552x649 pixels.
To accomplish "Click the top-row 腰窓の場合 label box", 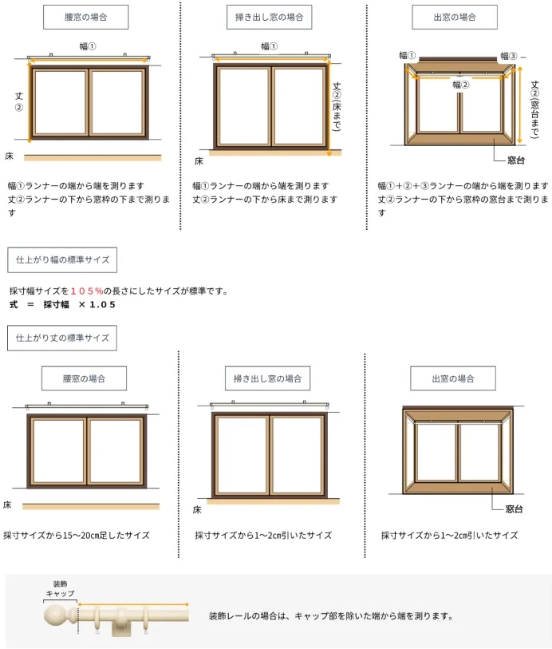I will tap(85, 16).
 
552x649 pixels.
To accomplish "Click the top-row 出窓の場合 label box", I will tap(455, 16).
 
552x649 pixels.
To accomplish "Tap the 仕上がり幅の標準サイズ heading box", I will tap(62, 259).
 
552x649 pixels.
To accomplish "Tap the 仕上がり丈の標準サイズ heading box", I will tap(62, 338).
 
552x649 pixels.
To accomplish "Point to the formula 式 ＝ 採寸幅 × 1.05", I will tap(62, 305).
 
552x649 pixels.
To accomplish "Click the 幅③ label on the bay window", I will tap(509, 56).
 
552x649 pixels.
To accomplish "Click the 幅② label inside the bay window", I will tap(460, 84).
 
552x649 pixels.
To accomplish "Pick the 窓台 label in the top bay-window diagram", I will tap(515, 161).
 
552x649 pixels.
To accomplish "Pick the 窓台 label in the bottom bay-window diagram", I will tap(515, 509).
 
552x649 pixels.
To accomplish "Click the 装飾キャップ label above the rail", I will tap(60, 589).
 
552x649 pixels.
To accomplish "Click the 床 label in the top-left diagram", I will tap(9, 154).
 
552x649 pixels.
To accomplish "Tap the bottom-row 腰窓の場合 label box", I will tap(84, 378).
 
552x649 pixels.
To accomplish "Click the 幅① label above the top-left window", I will tap(88, 46).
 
